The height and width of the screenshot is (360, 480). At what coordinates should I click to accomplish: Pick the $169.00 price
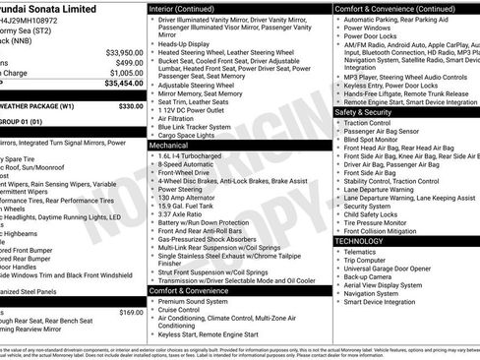[x=131, y=312]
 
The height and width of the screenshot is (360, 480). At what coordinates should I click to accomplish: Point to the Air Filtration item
[x=183, y=116]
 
